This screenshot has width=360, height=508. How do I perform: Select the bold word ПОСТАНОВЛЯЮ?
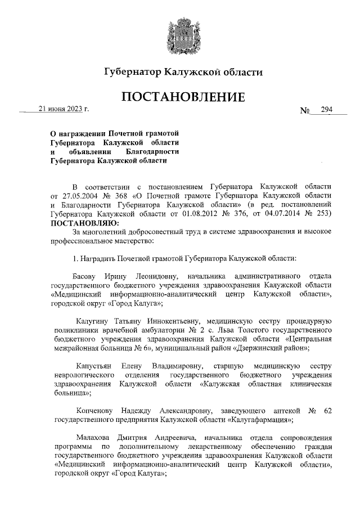coord(81,223)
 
